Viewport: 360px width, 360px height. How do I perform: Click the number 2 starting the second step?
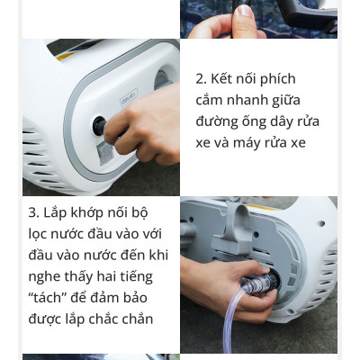(x=200, y=79)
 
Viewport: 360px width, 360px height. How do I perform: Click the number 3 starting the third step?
(x=33, y=213)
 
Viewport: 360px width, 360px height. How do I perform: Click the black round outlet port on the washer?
(x=98, y=125)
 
